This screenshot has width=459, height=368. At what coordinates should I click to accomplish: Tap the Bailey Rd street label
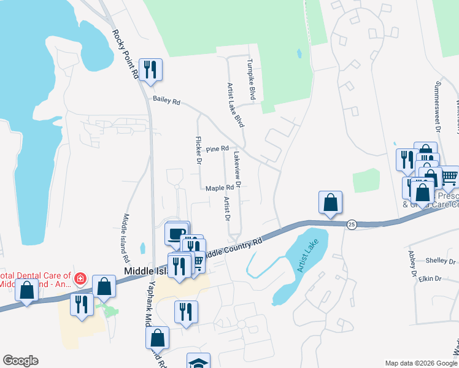pos(166,101)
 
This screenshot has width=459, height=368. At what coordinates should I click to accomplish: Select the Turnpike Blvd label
pos(250,80)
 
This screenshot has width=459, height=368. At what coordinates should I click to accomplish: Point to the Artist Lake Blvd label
pos(236,105)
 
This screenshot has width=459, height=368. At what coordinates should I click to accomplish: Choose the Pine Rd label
pos(217,149)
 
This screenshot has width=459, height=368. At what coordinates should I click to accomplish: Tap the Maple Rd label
pos(220,188)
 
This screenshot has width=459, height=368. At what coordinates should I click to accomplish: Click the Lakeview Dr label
pos(236,170)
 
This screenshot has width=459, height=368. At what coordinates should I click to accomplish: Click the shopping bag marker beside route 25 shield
pos(330,202)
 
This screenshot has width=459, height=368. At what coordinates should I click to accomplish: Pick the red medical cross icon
pos(79,280)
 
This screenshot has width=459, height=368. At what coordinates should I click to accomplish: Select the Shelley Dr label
pos(444,261)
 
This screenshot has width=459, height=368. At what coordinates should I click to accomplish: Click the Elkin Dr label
pos(430,278)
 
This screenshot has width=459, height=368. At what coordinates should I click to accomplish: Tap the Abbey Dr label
pos(412,263)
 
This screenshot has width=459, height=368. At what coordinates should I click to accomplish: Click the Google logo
pos(20,361)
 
